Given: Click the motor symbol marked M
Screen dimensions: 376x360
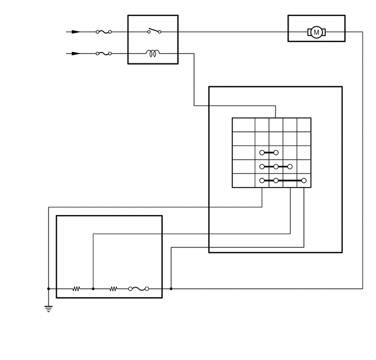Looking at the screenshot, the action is click(x=316, y=32).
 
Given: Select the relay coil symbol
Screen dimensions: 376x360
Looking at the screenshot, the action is click(x=153, y=53).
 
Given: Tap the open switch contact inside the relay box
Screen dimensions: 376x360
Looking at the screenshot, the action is click(x=154, y=31).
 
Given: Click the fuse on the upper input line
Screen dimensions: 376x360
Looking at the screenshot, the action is click(x=104, y=32).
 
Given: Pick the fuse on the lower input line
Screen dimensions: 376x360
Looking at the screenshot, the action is click(x=104, y=54).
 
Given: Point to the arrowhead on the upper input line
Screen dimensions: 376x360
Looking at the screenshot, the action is click(x=76, y=32).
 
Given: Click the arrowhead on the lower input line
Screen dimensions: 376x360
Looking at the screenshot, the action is click(x=76, y=54).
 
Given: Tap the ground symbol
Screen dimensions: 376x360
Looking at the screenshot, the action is click(x=49, y=309).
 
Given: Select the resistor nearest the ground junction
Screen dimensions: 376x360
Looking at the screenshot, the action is click(x=77, y=289).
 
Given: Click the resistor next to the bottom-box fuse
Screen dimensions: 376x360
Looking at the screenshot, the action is click(x=114, y=289).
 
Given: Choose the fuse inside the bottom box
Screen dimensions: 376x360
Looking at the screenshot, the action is click(x=139, y=289).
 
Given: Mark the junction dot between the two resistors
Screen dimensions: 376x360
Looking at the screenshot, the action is click(x=93, y=289).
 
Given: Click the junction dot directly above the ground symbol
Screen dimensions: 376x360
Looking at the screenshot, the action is click(x=49, y=289).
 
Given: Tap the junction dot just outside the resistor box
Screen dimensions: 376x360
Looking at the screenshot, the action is click(x=171, y=289).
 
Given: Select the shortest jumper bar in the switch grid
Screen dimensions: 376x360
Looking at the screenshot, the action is click(x=269, y=153).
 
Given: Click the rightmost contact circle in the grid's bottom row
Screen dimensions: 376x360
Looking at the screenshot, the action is click(x=304, y=181).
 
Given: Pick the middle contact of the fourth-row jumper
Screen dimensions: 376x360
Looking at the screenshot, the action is click(x=276, y=166).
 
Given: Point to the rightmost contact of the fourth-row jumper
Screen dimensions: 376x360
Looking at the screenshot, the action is click(x=290, y=166).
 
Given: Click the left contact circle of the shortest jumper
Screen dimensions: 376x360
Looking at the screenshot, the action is click(x=262, y=153).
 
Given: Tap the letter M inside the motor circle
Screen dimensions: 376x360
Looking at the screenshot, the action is click(x=316, y=32).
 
